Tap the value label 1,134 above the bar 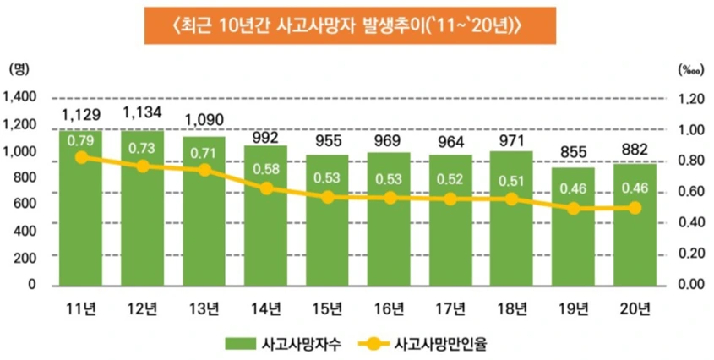click(x=143, y=112)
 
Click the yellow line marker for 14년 click(x=266, y=188)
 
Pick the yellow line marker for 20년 click(x=636, y=208)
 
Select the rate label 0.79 click(x=81, y=139)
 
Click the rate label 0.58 click(x=266, y=169)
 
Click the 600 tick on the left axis click(x=25, y=204)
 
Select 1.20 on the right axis click(x=690, y=98)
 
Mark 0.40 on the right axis click(x=690, y=222)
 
